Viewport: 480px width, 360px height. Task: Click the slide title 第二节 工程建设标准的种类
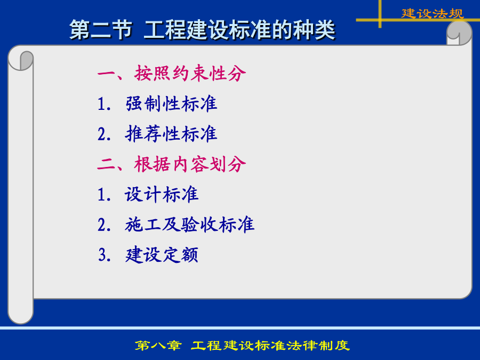202,30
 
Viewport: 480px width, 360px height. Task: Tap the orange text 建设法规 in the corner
433,13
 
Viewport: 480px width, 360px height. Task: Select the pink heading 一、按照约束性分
171,74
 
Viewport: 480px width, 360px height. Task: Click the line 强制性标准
171,103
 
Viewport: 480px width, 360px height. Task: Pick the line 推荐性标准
171,134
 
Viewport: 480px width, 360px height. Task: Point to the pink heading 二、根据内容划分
171,164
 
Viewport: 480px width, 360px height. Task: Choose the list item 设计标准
162,194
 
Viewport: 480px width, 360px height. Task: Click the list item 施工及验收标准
189,225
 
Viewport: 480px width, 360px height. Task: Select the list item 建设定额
162,255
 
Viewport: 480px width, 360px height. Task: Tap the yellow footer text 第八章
158,346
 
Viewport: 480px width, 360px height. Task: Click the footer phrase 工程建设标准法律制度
270,346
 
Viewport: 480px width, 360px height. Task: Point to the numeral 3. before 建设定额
105,255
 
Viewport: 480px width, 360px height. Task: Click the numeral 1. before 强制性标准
104,104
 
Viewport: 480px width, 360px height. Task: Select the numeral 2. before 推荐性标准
104,134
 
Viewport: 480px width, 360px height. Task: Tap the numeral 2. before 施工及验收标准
104,225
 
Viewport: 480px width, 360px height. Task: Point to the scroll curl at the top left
21,60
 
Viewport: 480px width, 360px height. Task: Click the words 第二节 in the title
100,30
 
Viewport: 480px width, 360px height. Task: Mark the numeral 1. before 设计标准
104,195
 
